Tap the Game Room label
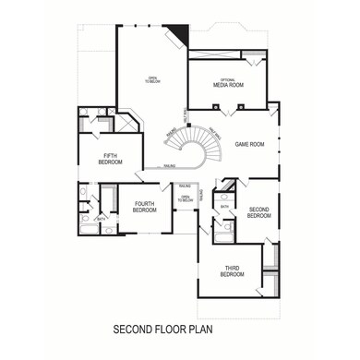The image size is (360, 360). [x=249, y=144]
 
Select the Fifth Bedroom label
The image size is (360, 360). [x=109, y=158]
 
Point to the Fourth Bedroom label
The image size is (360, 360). [x=144, y=207]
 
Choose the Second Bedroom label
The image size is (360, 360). [x=259, y=212]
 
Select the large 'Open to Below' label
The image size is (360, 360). [x=152, y=79]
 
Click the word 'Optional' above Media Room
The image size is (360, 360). [x=227, y=79]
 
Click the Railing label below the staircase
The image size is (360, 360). [x=171, y=165]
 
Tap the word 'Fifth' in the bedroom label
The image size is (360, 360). [x=109, y=154]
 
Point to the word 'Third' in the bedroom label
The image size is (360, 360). [x=232, y=268]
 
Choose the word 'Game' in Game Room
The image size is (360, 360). [x=242, y=144]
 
